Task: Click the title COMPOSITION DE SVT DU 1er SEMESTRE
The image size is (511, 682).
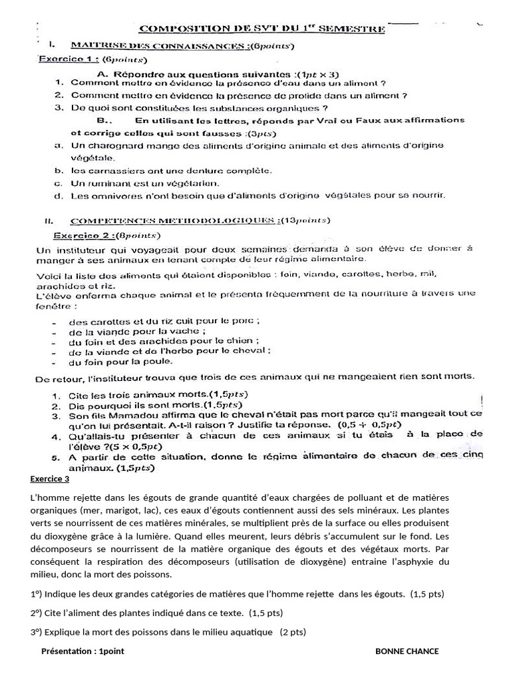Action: (261, 29)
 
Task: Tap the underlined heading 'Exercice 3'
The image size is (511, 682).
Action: (49, 479)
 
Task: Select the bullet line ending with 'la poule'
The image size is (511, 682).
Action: (120, 362)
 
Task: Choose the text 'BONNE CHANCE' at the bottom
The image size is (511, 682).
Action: (407, 651)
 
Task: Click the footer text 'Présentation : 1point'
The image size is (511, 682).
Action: (83, 651)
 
